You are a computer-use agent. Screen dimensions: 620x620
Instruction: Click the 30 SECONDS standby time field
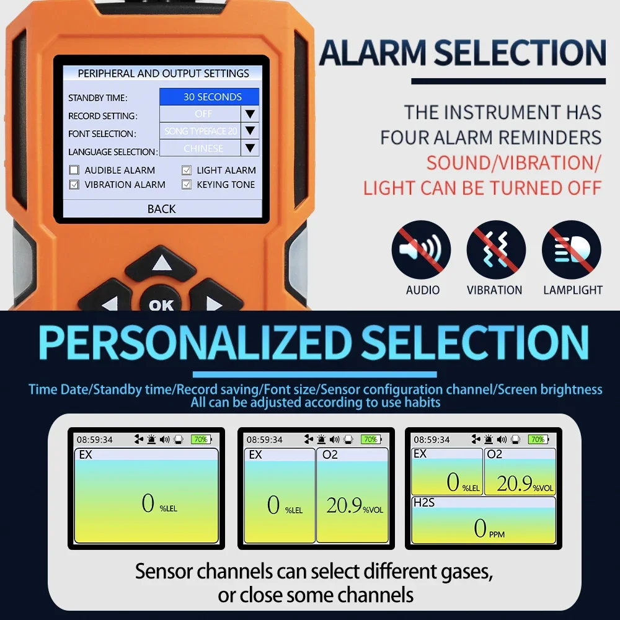[209, 97]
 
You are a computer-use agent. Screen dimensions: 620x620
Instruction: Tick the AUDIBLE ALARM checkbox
[74, 170]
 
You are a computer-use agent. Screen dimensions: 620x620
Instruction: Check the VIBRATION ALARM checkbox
[74, 185]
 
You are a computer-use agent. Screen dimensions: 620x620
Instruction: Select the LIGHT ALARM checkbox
[186, 170]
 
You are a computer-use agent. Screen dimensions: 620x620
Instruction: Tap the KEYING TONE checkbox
[186, 185]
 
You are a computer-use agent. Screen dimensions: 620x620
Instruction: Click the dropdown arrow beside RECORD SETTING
[250, 114]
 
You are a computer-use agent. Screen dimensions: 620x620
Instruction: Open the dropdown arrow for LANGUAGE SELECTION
[250, 148]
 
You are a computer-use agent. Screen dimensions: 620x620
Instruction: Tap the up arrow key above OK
[161, 263]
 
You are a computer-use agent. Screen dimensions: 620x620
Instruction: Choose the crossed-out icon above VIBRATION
[496, 250]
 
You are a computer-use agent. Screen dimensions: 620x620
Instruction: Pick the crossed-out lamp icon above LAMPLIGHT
[571, 250]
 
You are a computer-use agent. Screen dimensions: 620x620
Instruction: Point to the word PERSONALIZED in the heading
[195, 342]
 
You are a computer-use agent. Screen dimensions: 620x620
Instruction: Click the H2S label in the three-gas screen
[424, 502]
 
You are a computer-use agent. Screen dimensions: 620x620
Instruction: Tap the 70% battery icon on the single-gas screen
[201, 440]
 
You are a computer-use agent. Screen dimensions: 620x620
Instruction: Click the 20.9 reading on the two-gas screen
[345, 505]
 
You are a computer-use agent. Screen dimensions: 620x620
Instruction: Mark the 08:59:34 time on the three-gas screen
[432, 440]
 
